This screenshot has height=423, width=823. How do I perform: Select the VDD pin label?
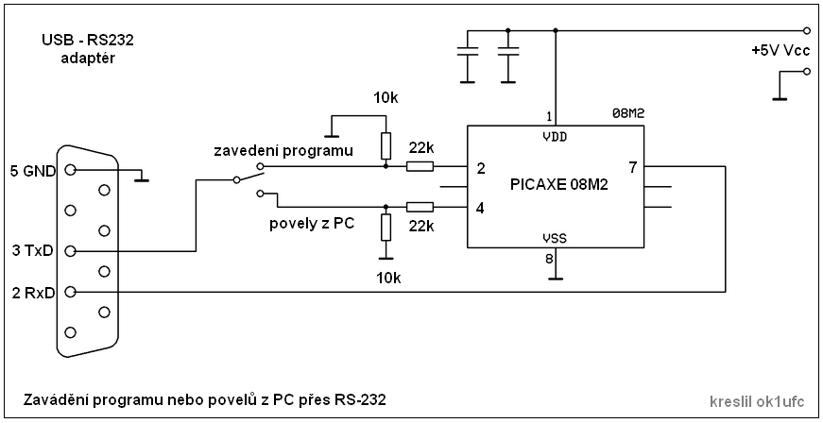coord(556,136)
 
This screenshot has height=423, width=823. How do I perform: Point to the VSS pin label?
coord(555,239)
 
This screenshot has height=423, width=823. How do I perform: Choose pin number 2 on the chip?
coord(481,169)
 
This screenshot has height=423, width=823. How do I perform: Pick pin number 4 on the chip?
coord(481,208)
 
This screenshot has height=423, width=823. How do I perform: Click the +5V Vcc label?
coord(780,49)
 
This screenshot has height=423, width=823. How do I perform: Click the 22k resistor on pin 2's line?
coord(420,167)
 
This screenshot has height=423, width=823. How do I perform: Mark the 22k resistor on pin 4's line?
coord(420,207)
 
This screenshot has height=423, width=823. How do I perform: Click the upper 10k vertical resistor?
coord(386,145)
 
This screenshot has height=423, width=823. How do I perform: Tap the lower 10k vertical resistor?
coord(386,228)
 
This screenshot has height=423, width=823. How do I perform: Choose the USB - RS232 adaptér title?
coord(85,49)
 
